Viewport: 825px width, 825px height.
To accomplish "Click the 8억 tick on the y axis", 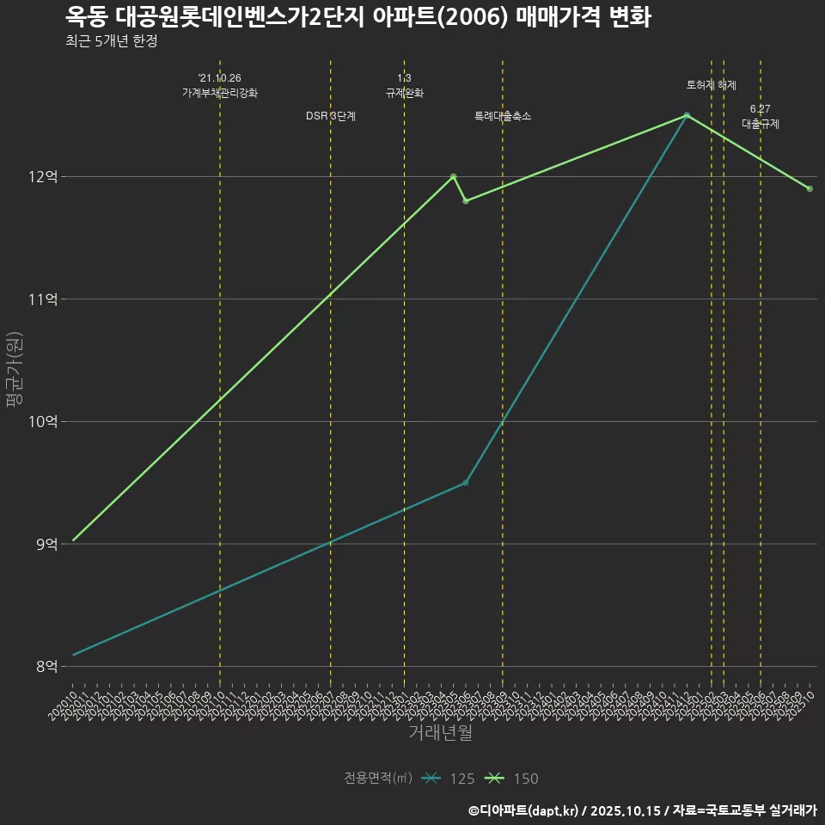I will pos(46,666).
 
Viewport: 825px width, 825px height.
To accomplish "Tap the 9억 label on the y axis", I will pos(46,544).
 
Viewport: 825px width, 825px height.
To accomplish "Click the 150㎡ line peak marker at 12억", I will pos(453,176).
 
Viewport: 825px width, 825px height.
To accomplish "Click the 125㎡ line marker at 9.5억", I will pos(466,483).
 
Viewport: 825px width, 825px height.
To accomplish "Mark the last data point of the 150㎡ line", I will pos(810,189).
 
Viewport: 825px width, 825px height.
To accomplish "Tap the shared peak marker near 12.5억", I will pos(687,115).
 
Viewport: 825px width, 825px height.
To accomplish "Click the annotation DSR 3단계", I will pos(331,116).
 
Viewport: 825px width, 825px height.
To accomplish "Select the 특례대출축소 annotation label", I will pos(503,116).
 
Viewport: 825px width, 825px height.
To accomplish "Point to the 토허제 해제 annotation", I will pos(712,85).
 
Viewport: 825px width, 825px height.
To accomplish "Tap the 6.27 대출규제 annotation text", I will pos(761,117).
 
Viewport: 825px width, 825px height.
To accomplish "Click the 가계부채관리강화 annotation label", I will pos(220,93).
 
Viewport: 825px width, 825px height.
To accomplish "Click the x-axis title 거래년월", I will pos(440,733).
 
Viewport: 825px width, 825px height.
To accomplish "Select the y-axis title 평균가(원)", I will pos(15,372).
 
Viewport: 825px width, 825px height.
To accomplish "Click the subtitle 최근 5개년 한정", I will pos(111,41).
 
